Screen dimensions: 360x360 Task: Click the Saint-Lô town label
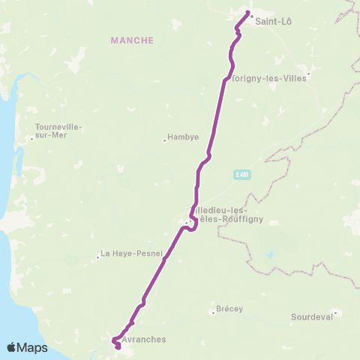274,21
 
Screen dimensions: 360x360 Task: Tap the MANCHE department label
132,40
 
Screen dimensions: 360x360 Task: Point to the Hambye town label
184,138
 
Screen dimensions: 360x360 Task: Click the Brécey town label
229,308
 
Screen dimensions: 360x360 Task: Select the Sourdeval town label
311,317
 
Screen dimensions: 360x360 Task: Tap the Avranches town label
144,339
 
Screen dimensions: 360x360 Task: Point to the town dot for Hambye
164,139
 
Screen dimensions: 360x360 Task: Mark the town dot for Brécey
213,312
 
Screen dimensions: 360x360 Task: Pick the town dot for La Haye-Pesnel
97,257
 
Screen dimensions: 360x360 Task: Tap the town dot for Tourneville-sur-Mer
31,137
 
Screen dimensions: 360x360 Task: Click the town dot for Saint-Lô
251,16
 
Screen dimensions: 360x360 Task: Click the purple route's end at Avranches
118,346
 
